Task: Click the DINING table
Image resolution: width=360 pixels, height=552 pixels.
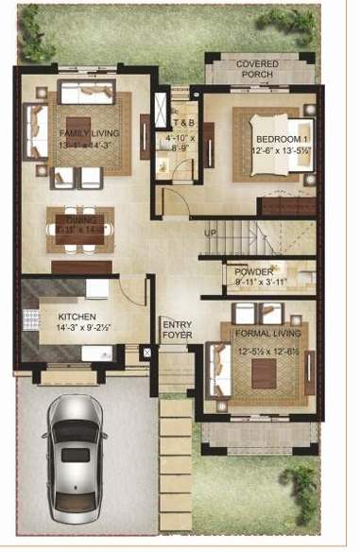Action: tap(81, 230)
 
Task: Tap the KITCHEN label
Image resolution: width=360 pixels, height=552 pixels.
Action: tap(75, 317)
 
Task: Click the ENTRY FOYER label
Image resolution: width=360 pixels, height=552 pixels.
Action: tap(177, 329)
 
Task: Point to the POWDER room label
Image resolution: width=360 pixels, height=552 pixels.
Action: tap(254, 271)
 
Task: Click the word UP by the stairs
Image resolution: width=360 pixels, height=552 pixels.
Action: tap(212, 232)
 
